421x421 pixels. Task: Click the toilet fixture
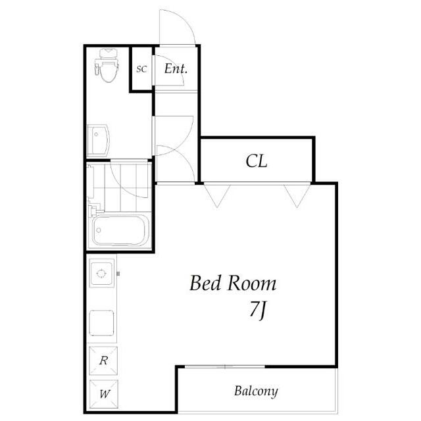(107, 65)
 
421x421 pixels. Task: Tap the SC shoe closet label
(141, 69)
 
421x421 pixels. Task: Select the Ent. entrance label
(176, 68)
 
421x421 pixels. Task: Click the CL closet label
(257, 161)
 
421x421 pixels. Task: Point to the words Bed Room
(233, 284)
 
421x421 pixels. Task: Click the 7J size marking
(258, 310)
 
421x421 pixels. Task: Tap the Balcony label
(256, 391)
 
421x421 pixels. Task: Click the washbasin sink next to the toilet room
(99, 140)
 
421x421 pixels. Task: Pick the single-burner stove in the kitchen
(101, 273)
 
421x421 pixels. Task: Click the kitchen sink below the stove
(101, 323)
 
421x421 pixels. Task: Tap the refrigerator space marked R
(103, 360)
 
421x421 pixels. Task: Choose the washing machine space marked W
(104, 394)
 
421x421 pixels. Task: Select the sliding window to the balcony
(225, 366)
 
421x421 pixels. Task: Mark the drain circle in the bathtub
(99, 230)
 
